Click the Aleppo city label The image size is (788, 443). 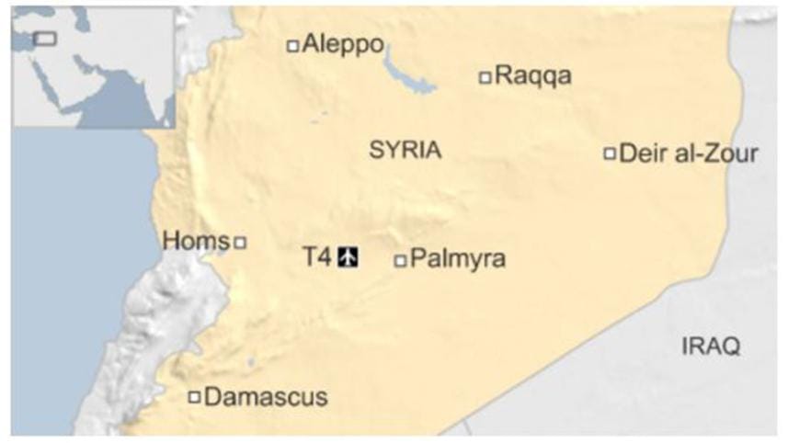342,44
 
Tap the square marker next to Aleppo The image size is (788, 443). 292,45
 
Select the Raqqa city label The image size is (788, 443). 532,76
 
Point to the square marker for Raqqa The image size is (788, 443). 485,77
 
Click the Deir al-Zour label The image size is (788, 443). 689,153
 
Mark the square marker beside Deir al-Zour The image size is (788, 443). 609,153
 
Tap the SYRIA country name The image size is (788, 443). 405,151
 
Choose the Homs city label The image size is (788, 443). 195,241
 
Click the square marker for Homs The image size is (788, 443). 240,243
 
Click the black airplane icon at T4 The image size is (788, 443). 348,256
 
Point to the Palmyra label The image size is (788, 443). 458,260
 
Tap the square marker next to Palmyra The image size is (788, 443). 400,261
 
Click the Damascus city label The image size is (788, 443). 266,397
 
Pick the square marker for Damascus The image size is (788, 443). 194,397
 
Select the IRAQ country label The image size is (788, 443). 711,346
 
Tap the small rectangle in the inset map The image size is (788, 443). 44,39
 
